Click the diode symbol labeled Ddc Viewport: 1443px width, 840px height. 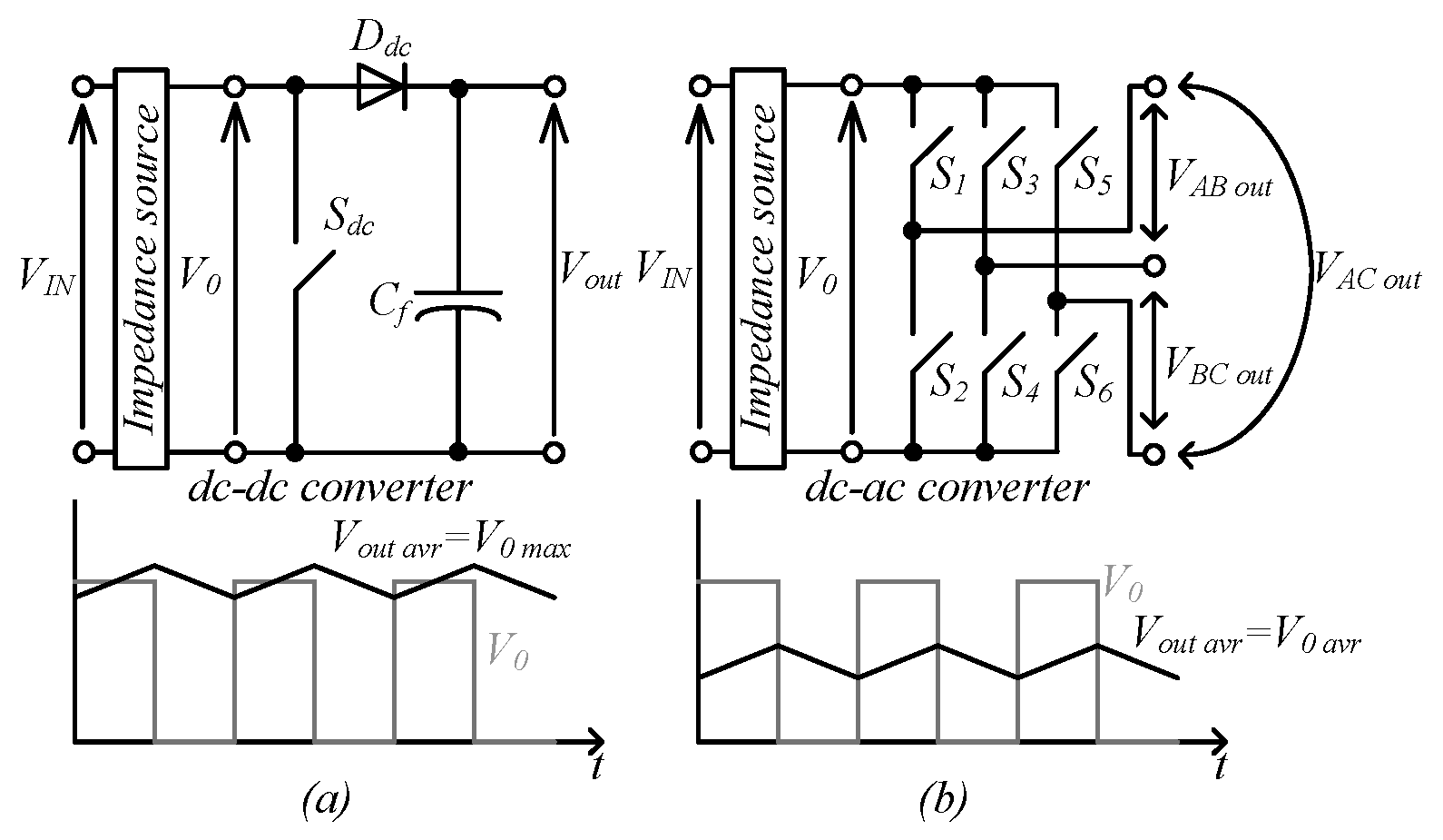click(381, 87)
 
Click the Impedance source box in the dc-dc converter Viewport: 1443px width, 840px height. click(141, 269)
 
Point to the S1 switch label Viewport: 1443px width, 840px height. click(948, 176)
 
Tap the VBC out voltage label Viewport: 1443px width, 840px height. click(1219, 367)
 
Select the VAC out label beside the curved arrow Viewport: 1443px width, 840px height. click(1367, 270)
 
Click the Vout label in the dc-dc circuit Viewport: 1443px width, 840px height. click(591, 270)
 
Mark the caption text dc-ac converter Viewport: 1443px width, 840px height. click(946, 489)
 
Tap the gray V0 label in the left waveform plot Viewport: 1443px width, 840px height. click(508, 651)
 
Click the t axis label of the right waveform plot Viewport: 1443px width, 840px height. click(1222, 766)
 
